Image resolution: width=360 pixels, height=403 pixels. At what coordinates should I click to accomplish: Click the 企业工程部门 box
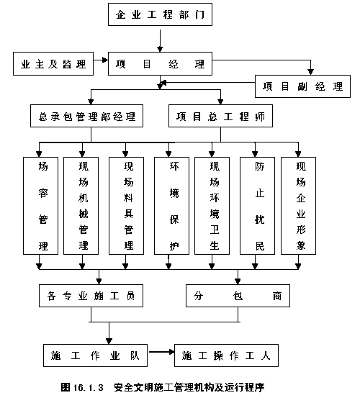pyautogui.click(x=160, y=14)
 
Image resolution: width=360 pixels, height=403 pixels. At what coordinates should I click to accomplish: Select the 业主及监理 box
pyautogui.click(x=53, y=64)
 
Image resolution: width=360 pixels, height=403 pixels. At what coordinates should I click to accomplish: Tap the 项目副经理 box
pyautogui.click(x=302, y=86)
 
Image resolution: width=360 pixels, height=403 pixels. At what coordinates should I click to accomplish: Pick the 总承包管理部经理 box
pyautogui.click(x=86, y=116)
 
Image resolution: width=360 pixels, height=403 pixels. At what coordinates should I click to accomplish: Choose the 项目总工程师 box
pyautogui.click(x=220, y=116)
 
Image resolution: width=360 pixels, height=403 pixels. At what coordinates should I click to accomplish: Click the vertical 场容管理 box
pyautogui.click(x=40, y=206)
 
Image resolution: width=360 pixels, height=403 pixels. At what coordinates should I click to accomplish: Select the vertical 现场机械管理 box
pyautogui.click(x=81, y=206)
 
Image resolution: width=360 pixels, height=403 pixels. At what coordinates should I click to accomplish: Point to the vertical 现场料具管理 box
pyautogui.click(x=126, y=206)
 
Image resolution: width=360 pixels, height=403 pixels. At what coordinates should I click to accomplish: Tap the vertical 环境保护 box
pyautogui.click(x=172, y=206)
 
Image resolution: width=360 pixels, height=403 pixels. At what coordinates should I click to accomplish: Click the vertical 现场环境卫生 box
pyautogui.click(x=212, y=206)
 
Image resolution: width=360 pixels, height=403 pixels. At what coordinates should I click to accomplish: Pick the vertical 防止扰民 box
pyautogui.click(x=258, y=206)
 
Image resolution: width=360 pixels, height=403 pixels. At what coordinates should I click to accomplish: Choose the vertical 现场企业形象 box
pyautogui.click(x=299, y=206)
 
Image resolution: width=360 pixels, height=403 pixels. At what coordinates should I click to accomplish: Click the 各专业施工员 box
pyautogui.click(x=91, y=296)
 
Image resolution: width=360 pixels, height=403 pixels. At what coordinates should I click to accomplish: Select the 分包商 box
pyautogui.click(x=238, y=296)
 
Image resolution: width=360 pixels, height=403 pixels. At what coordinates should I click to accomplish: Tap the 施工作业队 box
pyautogui.click(x=95, y=356)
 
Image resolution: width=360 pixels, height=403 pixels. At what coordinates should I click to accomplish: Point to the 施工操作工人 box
pyautogui.click(x=226, y=356)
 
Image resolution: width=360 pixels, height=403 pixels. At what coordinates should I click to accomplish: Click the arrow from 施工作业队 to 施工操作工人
pyautogui.click(x=161, y=352)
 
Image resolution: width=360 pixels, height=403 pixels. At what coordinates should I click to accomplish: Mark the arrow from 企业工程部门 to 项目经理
pyautogui.click(x=160, y=40)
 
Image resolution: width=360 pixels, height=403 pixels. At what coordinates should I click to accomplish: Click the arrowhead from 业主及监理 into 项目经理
pyautogui.click(x=105, y=60)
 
